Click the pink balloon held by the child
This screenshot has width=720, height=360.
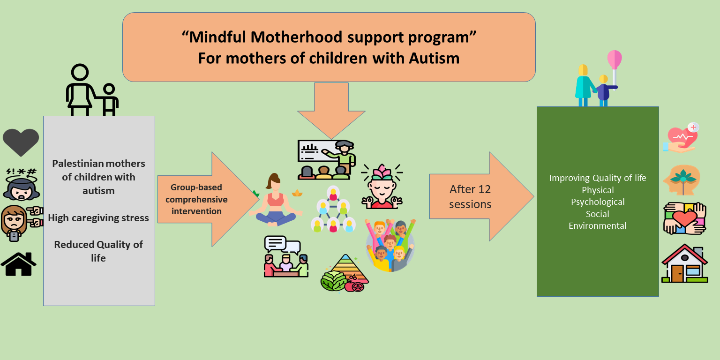click(614, 60)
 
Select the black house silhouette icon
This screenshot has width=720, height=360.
click(19, 264)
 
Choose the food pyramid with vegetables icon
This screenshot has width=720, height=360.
click(345, 273)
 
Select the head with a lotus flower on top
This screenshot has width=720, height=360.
click(382, 186)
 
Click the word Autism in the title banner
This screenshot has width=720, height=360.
click(434, 58)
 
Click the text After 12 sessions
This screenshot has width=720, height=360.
click(470, 197)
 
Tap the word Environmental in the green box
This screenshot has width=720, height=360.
click(598, 225)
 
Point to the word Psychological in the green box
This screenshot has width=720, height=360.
click(598, 202)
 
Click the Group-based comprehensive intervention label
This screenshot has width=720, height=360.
click(196, 199)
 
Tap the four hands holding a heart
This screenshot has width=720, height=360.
click(685, 218)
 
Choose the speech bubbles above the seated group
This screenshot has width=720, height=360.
click(282, 245)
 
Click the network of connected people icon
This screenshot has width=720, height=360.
click(333, 209)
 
